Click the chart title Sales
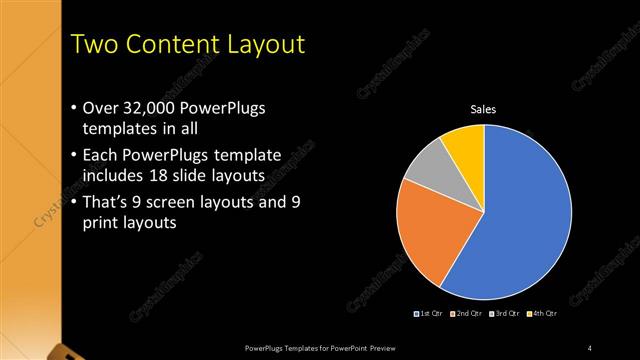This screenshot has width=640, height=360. point(484,109)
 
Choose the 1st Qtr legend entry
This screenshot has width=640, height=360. point(429,314)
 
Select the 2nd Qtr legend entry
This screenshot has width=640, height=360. point(467,314)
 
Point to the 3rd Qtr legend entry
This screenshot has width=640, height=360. point(504,314)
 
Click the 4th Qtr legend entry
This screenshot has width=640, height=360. point(541,314)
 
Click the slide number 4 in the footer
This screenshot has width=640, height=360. point(590,347)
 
